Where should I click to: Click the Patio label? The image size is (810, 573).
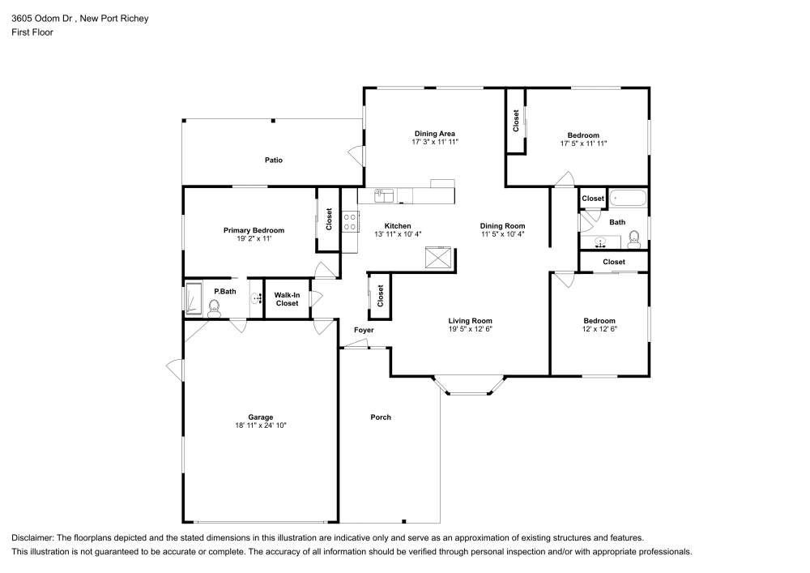274,160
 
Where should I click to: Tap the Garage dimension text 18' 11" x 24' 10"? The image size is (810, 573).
260,425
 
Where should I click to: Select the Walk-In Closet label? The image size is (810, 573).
287,299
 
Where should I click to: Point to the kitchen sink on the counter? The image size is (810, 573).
385,195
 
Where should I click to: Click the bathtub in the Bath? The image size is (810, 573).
627,198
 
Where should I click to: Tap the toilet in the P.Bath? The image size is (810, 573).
215,306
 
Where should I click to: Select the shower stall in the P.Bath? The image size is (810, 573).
194,298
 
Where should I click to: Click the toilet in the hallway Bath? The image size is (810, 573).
634,237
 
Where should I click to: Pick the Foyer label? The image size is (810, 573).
364,330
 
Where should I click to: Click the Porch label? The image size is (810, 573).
381,417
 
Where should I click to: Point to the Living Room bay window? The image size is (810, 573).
469,391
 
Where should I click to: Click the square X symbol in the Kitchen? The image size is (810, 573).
441,259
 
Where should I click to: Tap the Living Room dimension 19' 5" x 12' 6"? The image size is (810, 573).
471,329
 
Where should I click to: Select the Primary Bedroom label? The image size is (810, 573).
254,230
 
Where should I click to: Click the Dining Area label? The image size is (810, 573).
435,134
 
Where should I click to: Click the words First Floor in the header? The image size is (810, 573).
32,32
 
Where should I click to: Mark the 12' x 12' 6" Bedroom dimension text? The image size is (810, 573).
599,329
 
